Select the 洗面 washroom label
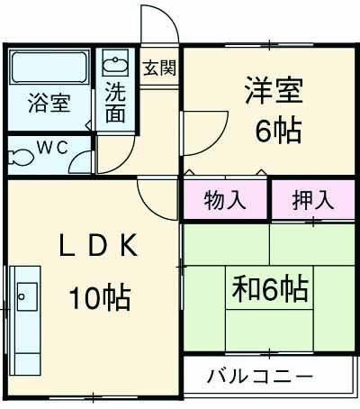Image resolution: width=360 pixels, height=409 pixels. click(x=116, y=101)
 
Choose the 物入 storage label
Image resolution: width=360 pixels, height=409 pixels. click(x=225, y=199)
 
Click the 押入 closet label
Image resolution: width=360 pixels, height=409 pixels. click(x=310, y=199)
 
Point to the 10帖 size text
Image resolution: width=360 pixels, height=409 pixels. click(x=100, y=295)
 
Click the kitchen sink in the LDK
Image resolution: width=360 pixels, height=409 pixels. click(x=27, y=295)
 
